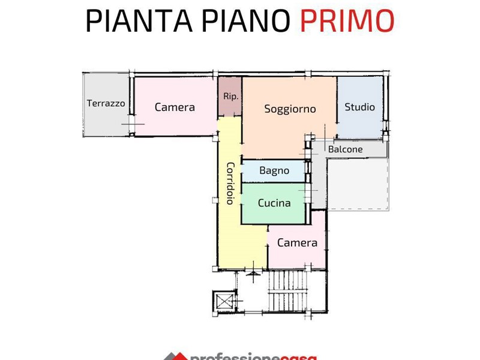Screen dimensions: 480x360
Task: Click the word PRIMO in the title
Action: (x=347, y=21)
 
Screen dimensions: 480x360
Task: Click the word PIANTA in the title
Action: (x=139, y=21)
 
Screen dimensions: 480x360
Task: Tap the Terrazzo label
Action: (x=106, y=103)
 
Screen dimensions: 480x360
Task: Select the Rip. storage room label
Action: (x=230, y=97)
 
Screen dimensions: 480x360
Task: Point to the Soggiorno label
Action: (x=290, y=109)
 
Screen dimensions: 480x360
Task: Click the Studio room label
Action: (x=359, y=107)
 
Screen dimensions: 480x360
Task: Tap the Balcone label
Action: (x=346, y=149)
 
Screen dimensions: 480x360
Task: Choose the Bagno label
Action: (x=274, y=170)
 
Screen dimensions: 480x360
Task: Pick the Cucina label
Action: (x=274, y=203)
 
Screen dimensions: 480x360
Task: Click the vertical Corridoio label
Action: (x=230, y=183)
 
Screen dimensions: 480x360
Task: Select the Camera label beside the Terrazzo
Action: (x=175, y=107)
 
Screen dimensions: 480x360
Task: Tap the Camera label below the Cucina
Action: (x=297, y=243)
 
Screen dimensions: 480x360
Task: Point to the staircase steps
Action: (x=288, y=291)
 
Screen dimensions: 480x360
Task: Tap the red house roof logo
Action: (x=176, y=356)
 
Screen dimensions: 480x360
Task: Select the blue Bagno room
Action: (x=274, y=171)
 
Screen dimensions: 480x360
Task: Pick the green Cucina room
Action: (x=274, y=203)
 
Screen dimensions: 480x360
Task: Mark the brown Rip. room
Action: (x=230, y=97)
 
